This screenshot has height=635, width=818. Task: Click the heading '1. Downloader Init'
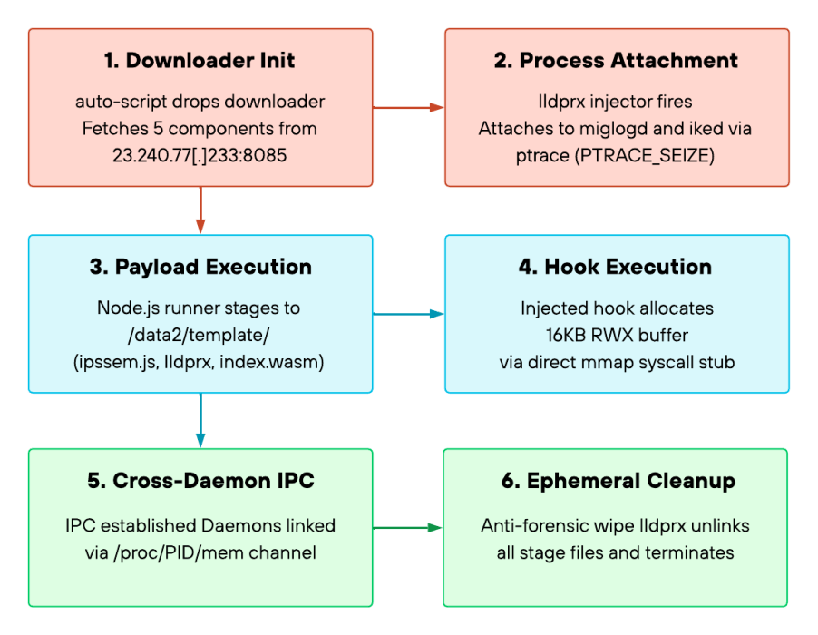click(200, 61)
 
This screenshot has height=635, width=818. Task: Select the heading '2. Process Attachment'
click(616, 61)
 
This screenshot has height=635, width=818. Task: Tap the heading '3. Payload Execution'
click(200, 267)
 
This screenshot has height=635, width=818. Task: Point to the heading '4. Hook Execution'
click(615, 267)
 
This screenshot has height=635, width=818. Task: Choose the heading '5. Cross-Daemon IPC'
click(200, 481)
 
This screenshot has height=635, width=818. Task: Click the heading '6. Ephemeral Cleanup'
click(618, 481)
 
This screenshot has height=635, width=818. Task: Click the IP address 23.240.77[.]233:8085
click(200, 155)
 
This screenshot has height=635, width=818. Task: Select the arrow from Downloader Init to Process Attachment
click(408, 107)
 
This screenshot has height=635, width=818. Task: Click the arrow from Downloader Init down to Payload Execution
click(200, 210)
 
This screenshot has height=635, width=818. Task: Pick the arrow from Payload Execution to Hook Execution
click(408, 314)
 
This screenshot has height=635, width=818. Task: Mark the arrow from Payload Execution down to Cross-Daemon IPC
click(200, 420)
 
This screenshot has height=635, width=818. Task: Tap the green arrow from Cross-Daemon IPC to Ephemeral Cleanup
click(407, 528)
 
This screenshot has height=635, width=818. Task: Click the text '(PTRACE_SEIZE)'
click(644, 155)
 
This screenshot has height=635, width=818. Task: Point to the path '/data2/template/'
click(199, 335)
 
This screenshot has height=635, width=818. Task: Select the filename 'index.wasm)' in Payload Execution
click(272, 362)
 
